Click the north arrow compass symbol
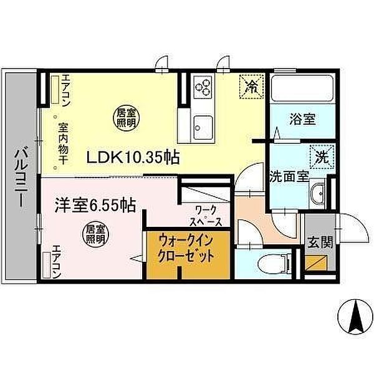[x=355, y=317]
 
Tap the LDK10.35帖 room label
[x=133, y=158]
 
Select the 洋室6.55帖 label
[x=95, y=205]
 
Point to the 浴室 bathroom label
[x=302, y=119]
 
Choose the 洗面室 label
[x=289, y=176]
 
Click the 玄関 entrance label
[x=320, y=243]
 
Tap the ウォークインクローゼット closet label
[x=186, y=248]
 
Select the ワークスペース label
[x=205, y=216]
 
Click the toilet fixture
[x=274, y=265]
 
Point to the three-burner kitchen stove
[x=203, y=87]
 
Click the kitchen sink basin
[x=203, y=127]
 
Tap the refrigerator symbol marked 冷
[x=251, y=87]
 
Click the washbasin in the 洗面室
[x=317, y=193]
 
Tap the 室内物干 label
[x=63, y=143]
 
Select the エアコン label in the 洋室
[x=57, y=261]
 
